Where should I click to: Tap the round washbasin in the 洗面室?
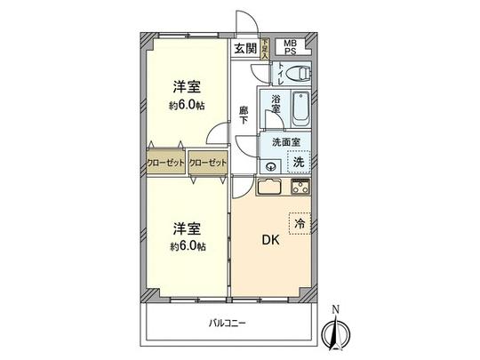[x=270, y=165]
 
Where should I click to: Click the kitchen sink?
[x=269, y=188]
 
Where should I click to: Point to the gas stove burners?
[x=299, y=187]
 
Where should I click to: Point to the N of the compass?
[x=334, y=309]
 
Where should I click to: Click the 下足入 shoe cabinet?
[x=265, y=47]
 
